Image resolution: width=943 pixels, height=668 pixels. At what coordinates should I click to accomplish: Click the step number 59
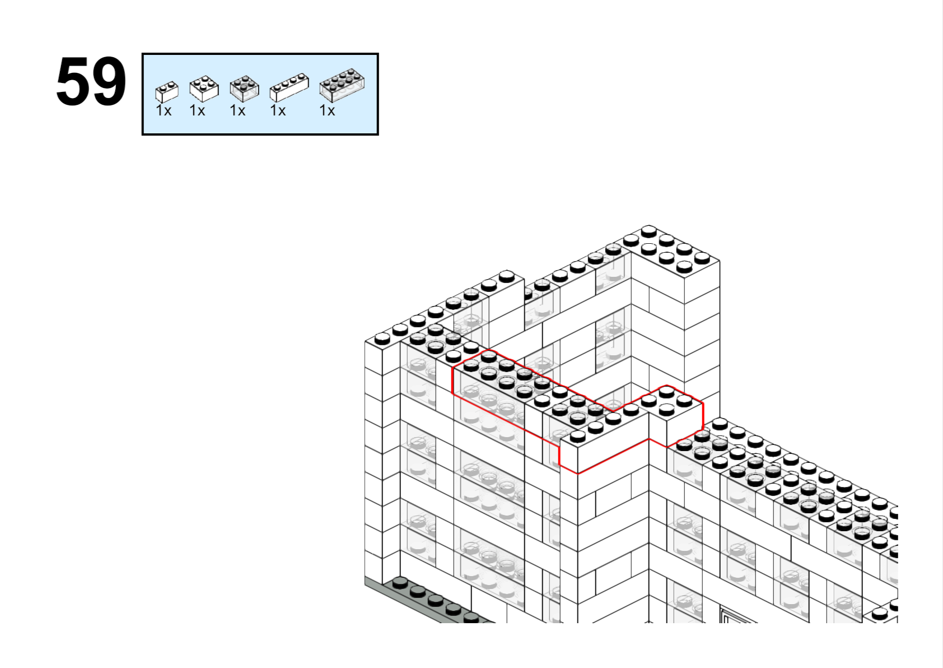(91, 82)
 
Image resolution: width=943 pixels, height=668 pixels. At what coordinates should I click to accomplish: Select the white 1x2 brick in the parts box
(167, 92)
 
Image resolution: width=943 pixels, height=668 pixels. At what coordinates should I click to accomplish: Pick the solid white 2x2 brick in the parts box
(204, 89)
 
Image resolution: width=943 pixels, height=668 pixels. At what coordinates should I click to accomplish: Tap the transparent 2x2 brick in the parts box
(244, 89)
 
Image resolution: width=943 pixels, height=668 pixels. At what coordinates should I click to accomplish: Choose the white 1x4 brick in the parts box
(289, 87)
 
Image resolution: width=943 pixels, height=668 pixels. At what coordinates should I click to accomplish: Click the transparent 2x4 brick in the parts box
(342, 86)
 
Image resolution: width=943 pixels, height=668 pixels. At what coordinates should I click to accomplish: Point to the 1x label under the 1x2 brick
(164, 111)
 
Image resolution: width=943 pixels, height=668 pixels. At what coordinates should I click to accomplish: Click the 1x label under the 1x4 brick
(278, 111)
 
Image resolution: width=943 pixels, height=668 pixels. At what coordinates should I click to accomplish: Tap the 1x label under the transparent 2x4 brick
(327, 111)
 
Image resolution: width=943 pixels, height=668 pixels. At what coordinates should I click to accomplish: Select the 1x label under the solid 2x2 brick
(197, 111)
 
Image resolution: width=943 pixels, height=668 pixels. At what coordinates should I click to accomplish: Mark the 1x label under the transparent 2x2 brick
(237, 111)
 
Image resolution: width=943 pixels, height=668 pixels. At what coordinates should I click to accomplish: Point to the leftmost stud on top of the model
(382, 338)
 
